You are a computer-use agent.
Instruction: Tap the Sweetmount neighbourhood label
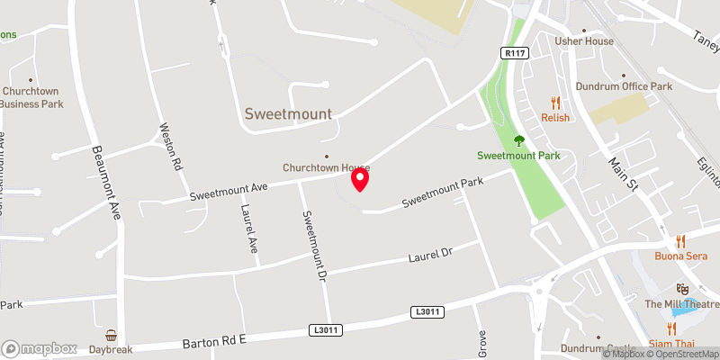click(288, 114)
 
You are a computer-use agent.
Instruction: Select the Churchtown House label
click(326, 168)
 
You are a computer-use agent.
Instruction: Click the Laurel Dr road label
click(428, 256)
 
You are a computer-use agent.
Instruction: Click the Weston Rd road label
click(171, 147)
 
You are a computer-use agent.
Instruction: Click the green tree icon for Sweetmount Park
click(518, 140)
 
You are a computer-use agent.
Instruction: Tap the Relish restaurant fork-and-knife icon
click(556, 103)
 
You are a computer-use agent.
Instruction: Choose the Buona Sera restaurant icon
click(680, 241)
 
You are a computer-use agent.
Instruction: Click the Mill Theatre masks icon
click(682, 289)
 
